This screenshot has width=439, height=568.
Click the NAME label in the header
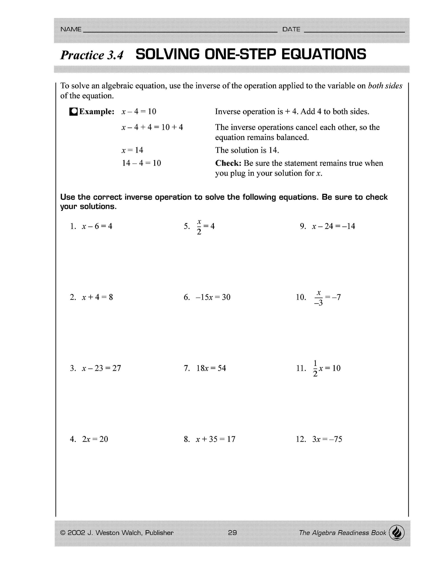pyautogui.click(x=71, y=29)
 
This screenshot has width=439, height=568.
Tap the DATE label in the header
pyautogui.click(x=291, y=29)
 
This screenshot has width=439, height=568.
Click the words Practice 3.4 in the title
pyautogui.click(x=92, y=55)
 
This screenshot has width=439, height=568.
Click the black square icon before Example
pyautogui.click(x=74, y=112)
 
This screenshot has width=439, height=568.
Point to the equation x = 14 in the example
pyautogui.click(x=132, y=150)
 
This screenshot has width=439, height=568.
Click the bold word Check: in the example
pyautogui.click(x=228, y=163)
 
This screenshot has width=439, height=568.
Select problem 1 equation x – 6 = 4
pyautogui.click(x=97, y=226)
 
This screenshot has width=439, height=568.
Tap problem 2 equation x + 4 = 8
pyautogui.click(x=97, y=297)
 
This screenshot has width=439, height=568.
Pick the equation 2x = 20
pyautogui.click(x=95, y=439)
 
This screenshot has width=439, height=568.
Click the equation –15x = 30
pyautogui.click(x=213, y=297)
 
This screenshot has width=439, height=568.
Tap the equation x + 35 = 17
pyautogui.click(x=215, y=439)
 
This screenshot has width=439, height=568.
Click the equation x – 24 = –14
pyautogui.click(x=333, y=226)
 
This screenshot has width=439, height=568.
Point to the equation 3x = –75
pyautogui.click(x=327, y=439)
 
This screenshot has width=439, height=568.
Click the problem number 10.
pyautogui.click(x=301, y=297)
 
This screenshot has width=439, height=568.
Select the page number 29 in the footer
pyautogui.click(x=232, y=533)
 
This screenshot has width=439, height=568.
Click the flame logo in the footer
pyautogui.click(x=397, y=533)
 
